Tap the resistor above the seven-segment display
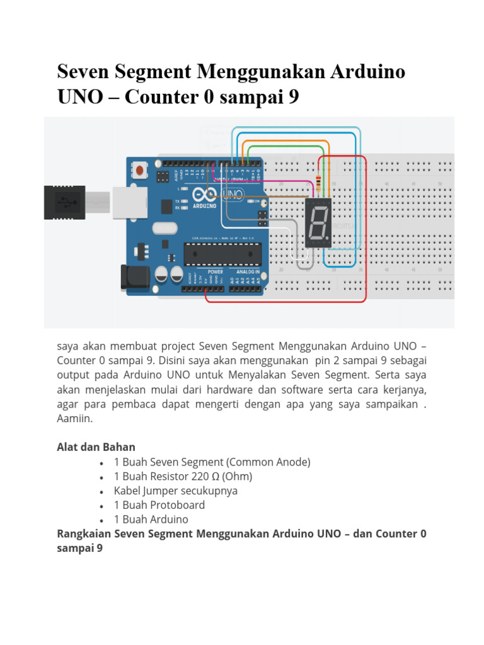(321, 184)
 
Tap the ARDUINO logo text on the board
(203, 205)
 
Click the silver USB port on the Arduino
(130, 203)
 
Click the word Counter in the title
(168, 98)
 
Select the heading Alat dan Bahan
(96, 447)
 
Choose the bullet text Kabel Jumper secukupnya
(176, 491)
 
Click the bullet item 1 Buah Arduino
(151, 520)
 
